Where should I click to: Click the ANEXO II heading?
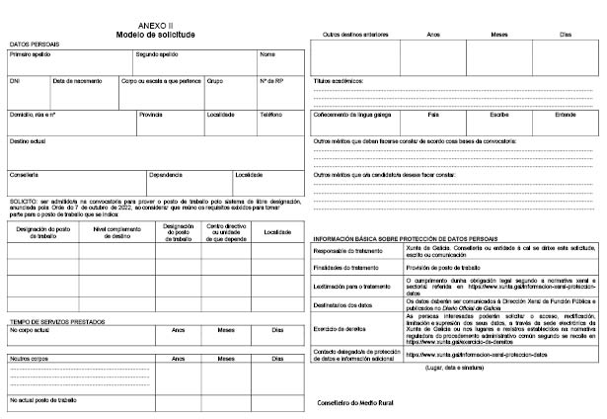point(154,27)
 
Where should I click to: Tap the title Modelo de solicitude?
point(154,36)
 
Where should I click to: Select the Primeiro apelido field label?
point(31,54)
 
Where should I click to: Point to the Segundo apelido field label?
point(157,54)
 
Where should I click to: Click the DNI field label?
point(15,80)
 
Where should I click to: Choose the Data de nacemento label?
point(75,80)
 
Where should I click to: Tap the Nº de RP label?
point(271,80)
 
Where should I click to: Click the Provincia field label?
point(151,115)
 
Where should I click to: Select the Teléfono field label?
point(271,115)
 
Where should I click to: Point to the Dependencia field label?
point(166,175)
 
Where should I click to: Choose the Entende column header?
point(565,115)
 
